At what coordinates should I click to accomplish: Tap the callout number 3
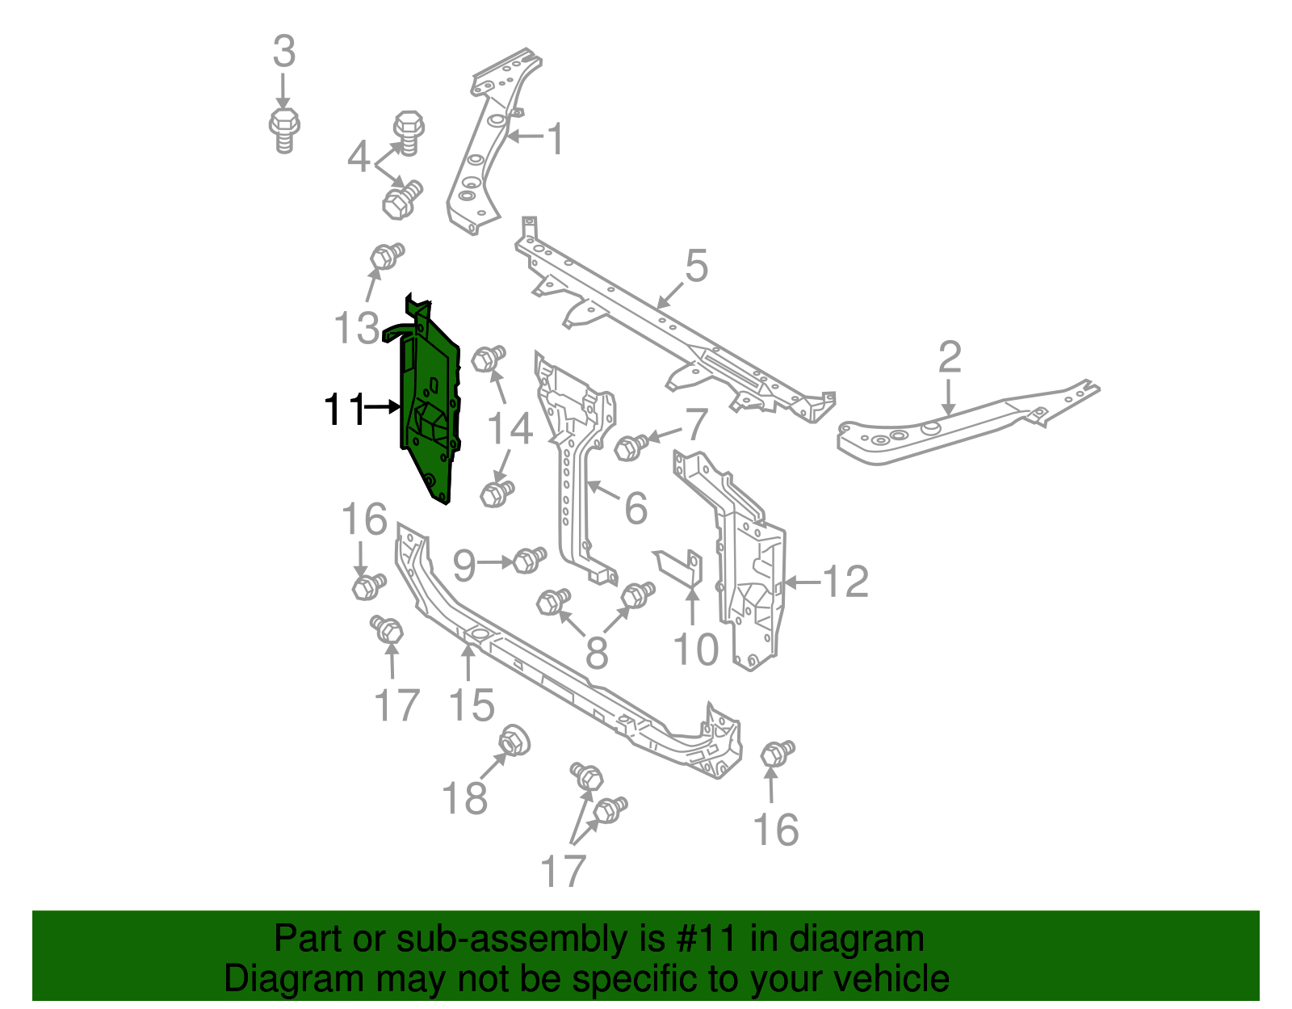tap(284, 52)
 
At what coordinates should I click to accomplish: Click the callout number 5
tap(697, 266)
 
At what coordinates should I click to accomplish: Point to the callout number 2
tap(950, 357)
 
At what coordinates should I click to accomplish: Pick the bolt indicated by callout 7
tap(630, 447)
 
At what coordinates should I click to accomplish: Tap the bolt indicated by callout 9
tap(529, 560)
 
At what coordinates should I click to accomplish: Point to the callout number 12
tap(846, 582)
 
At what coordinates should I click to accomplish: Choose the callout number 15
tap(472, 706)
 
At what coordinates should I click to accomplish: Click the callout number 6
tap(636, 508)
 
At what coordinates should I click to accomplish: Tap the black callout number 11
tap(344, 410)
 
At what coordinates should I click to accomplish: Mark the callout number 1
tap(556, 140)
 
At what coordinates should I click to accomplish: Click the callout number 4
tap(359, 158)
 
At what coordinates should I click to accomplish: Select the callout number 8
tap(597, 652)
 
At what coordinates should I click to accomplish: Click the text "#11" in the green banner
tap(705, 939)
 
